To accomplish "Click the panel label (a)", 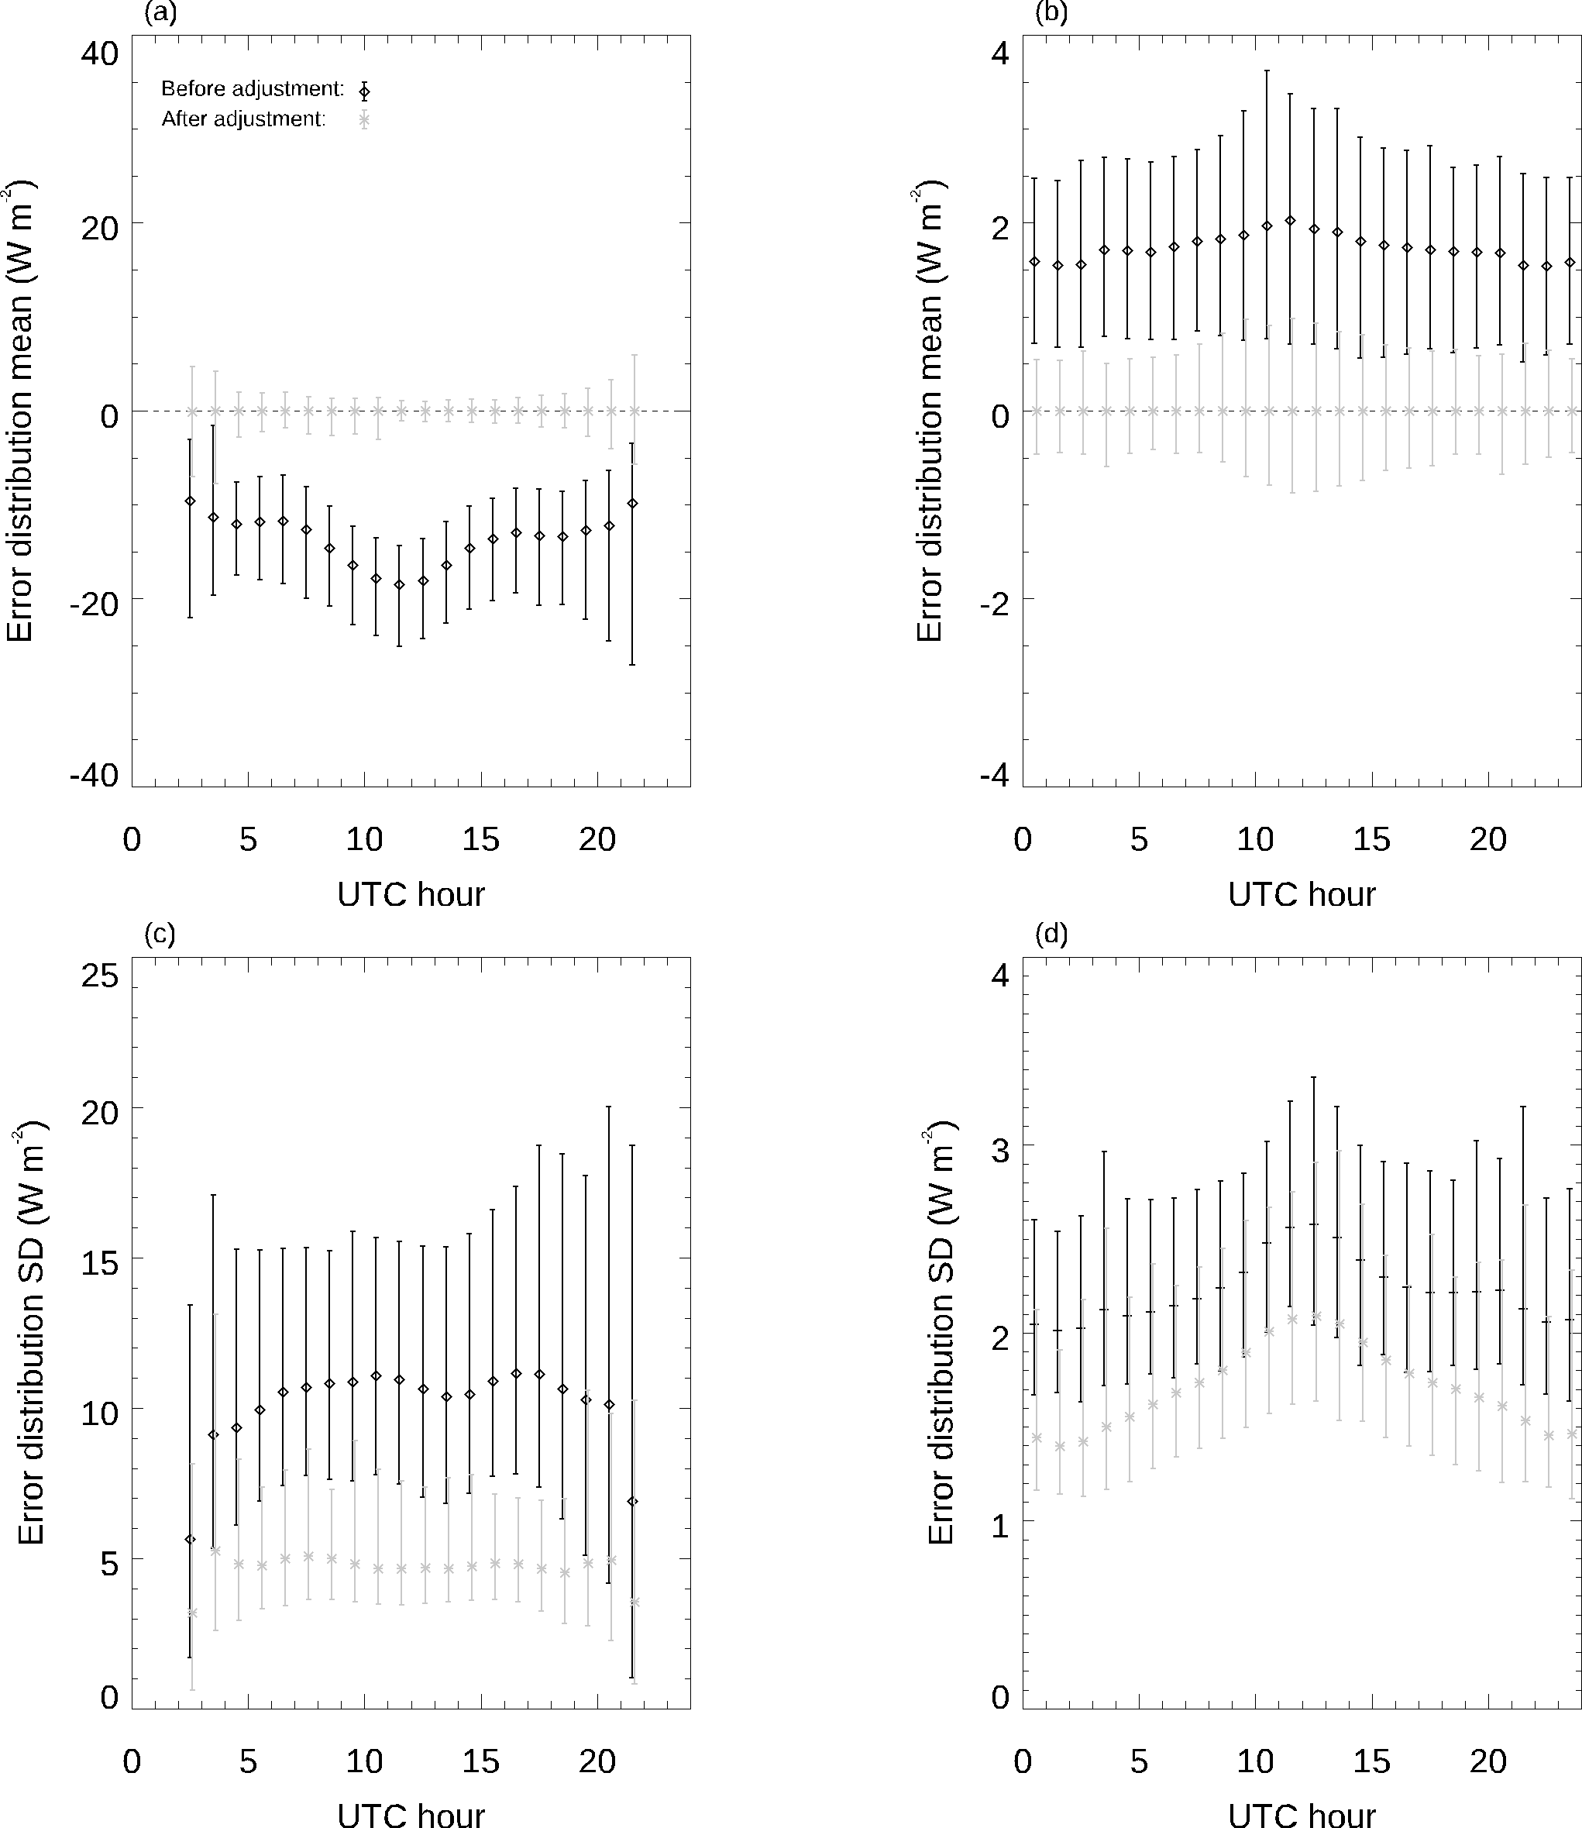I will coord(160,13).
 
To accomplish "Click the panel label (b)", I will coord(1051,13).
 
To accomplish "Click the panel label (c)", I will coord(160,934).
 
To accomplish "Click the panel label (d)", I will coord(1051,934).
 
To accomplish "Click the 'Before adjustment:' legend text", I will coord(252,89).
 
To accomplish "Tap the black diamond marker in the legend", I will coord(363,91).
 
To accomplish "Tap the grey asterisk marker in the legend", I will coord(363,121).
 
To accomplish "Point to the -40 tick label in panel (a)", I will coord(94,776).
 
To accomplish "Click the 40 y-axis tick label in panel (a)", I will coord(100,54).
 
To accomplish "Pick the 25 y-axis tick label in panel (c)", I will coord(100,976).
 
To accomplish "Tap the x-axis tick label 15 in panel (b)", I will coord(1372,839).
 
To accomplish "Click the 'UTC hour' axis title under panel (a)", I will coord(411,894).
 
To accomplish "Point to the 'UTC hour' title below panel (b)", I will coord(1302,894).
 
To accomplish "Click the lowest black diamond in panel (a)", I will coord(399,584).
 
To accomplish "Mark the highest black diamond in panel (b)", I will coord(1290,220).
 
